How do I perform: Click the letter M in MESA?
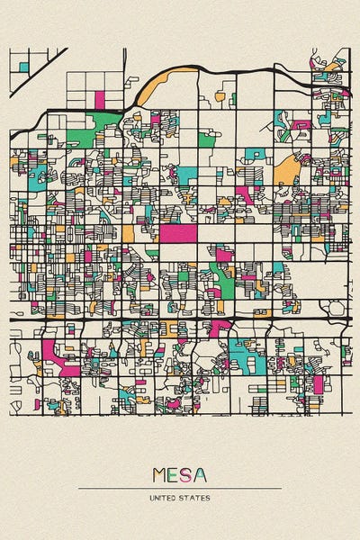click(160, 475)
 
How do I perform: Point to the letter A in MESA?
click(199, 475)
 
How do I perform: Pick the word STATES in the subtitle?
click(196, 498)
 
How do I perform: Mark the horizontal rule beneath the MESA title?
click(180, 489)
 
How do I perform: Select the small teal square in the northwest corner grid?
click(23, 66)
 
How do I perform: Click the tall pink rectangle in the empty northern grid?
click(99, 98)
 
